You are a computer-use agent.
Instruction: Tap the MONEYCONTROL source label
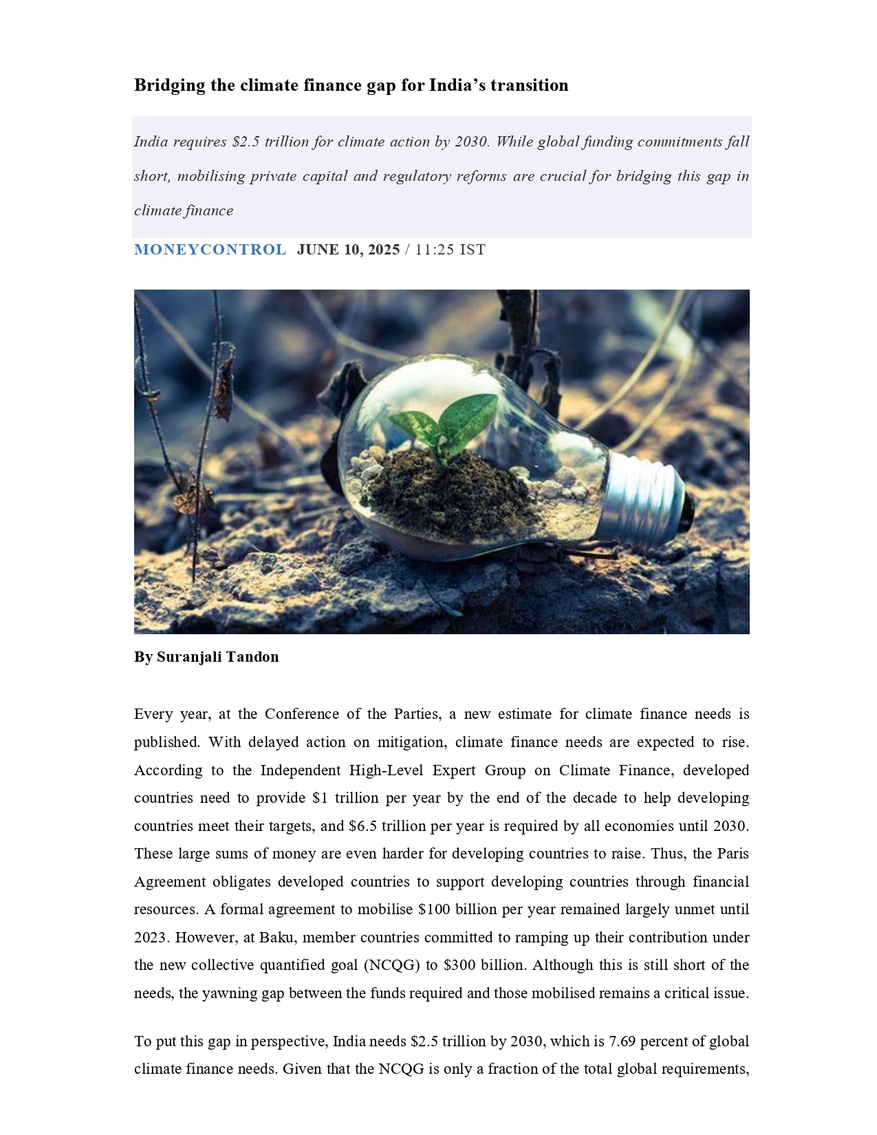point(210,250)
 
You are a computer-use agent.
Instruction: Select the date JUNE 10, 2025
point(348,250)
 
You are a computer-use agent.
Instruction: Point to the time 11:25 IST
point(450,250)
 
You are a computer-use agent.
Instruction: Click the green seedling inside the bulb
point(447,421)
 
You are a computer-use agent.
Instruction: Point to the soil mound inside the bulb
point(447,488)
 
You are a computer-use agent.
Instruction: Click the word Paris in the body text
point(733,854)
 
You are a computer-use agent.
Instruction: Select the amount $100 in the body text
point(434,909)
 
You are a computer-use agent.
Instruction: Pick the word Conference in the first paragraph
point(301,714)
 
